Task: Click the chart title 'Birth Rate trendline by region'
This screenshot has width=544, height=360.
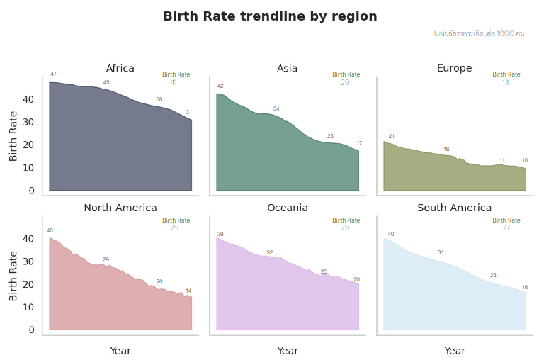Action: (270, 16)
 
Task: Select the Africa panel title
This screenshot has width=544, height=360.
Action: (120, 69)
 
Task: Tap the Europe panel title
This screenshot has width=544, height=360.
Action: (454, 69)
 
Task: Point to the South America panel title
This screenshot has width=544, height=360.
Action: (454, 208)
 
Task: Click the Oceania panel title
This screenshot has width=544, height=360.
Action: (287, 208)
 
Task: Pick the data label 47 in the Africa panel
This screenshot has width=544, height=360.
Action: (54, 74)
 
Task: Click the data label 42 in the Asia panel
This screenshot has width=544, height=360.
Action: (220, 86)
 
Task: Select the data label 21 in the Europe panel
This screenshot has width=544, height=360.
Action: (392, 136)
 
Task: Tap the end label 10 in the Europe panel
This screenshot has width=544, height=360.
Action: (525, 161)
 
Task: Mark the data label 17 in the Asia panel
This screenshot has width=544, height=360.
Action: (359, 144)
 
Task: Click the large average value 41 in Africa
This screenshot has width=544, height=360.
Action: (174, 82)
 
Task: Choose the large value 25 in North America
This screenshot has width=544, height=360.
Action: (174, 228)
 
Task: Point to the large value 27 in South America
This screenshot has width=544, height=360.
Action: (506, 228)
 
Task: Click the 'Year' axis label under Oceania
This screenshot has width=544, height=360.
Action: (287, 351)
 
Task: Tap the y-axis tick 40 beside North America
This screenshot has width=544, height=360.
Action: (28, 239)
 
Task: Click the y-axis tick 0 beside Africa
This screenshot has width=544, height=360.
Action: (31, 191)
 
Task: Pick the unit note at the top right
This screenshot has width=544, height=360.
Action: (479, 33)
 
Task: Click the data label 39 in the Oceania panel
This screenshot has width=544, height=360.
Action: (220, 235)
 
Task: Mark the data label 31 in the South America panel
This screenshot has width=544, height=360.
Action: (441, 253)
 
